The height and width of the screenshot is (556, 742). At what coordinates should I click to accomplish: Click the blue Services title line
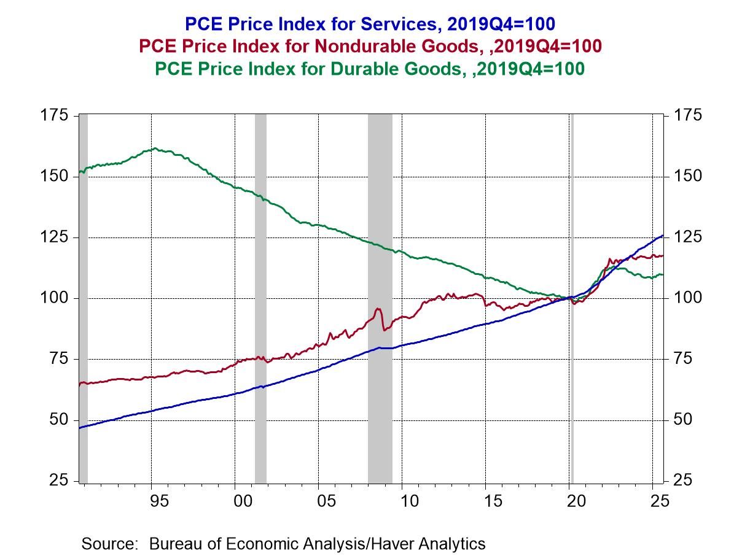pos(370,24)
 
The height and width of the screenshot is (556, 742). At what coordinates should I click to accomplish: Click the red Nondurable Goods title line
pos(370,46)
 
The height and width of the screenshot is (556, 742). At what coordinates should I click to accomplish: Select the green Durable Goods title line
pos(370,69)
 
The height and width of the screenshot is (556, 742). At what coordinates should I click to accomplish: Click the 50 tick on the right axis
pos(681,420)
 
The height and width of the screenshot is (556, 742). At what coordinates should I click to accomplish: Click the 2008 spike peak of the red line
pos(377,309)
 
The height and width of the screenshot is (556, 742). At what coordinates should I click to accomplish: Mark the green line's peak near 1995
pos(155,149)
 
